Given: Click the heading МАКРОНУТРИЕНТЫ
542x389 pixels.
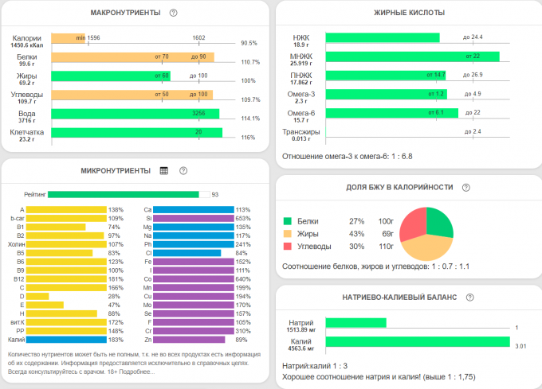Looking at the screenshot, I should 125,13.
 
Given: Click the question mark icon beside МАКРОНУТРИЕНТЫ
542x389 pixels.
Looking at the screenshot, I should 173,13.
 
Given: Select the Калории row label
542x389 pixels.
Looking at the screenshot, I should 27,38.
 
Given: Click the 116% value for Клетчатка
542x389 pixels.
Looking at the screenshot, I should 247,138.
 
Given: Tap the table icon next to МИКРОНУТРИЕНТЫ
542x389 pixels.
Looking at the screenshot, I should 164,170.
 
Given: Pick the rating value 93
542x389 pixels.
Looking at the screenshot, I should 214,193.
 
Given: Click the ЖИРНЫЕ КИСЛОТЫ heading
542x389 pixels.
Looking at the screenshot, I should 409,13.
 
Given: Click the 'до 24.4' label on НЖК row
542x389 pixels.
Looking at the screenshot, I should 473,37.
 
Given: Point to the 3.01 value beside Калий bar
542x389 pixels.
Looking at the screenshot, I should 520,346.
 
